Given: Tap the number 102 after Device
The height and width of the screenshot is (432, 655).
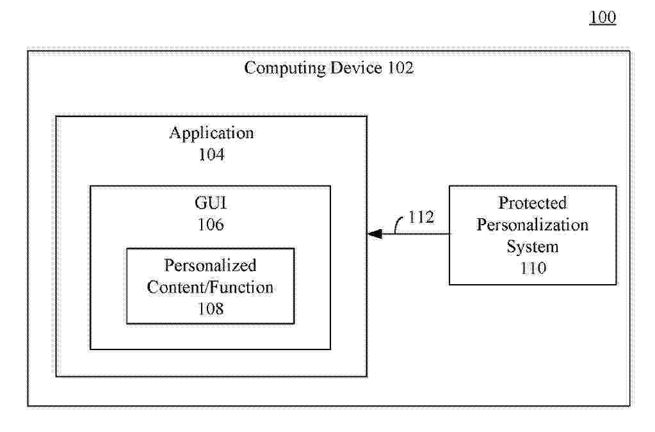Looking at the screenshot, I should coord(400,68).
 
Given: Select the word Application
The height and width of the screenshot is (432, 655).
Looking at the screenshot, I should coord(211,133).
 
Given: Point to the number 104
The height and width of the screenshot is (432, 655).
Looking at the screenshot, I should coord(211,154).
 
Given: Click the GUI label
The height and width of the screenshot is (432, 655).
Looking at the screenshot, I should coord(211,204).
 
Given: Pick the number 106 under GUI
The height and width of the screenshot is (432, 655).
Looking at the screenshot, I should coord(211,225).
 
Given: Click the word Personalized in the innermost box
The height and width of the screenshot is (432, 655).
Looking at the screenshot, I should coord(210,265).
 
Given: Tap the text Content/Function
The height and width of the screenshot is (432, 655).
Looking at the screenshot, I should coord(210,287).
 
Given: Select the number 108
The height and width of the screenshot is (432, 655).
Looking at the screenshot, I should coord(210,308).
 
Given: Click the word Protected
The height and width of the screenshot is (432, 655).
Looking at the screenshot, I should coord(533,203).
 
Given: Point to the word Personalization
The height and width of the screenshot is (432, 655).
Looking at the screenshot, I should coord(533,225).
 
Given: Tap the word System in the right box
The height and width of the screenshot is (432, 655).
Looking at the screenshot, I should coord(533,246).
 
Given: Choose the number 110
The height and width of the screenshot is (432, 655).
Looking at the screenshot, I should coord(533,268).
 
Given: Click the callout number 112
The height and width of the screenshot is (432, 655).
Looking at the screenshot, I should coord(421,218).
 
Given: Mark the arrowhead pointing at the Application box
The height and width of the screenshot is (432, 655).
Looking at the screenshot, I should coord(373,234).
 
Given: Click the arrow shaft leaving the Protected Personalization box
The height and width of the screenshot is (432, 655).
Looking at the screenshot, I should coord(423,234).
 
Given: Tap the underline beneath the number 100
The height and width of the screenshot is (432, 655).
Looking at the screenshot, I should coord(602,25).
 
